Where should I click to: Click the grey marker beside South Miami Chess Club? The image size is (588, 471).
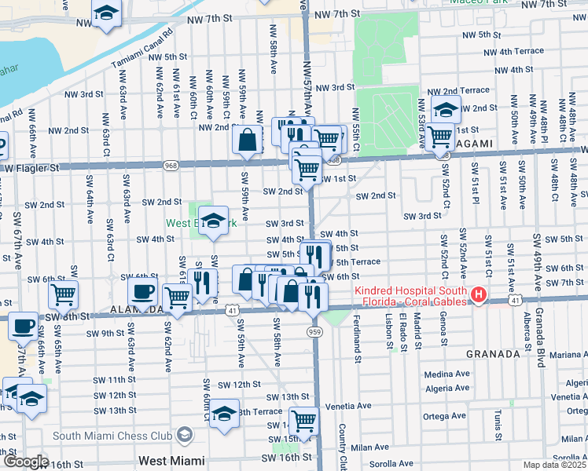(184, 435)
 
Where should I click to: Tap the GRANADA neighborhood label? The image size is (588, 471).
(493, 354)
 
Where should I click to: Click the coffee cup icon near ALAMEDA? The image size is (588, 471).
(142, 292)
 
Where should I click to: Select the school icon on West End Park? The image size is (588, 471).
(213, 221)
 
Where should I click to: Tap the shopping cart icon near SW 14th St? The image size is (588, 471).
(303, 420)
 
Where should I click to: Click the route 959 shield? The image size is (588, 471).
(314, 332)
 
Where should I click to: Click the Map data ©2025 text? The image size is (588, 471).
(554, 465)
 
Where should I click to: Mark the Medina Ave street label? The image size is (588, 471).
(446, 374)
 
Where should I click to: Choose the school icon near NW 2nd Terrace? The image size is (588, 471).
(446, 110)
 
